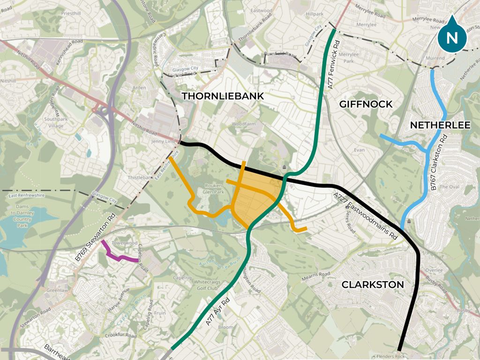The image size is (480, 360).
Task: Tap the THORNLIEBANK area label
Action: click(223, 96)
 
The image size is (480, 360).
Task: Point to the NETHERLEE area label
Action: click(440, 125)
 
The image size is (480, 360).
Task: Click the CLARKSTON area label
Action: click(373, 285)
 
